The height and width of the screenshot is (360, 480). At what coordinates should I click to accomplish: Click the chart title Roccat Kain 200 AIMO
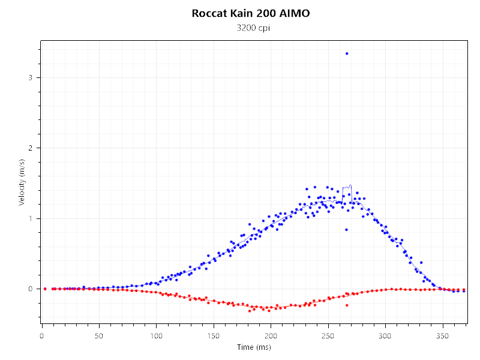251,13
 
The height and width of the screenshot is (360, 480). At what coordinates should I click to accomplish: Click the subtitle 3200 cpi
251,28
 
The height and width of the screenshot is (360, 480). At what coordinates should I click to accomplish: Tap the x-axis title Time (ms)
254,347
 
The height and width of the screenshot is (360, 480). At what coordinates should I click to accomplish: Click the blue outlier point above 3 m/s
347,53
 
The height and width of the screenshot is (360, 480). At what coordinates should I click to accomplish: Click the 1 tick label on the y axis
31,218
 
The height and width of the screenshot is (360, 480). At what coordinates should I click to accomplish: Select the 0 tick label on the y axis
31,289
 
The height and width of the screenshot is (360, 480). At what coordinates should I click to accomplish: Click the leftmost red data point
45,289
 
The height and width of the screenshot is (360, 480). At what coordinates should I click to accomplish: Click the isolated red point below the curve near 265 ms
347,305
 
